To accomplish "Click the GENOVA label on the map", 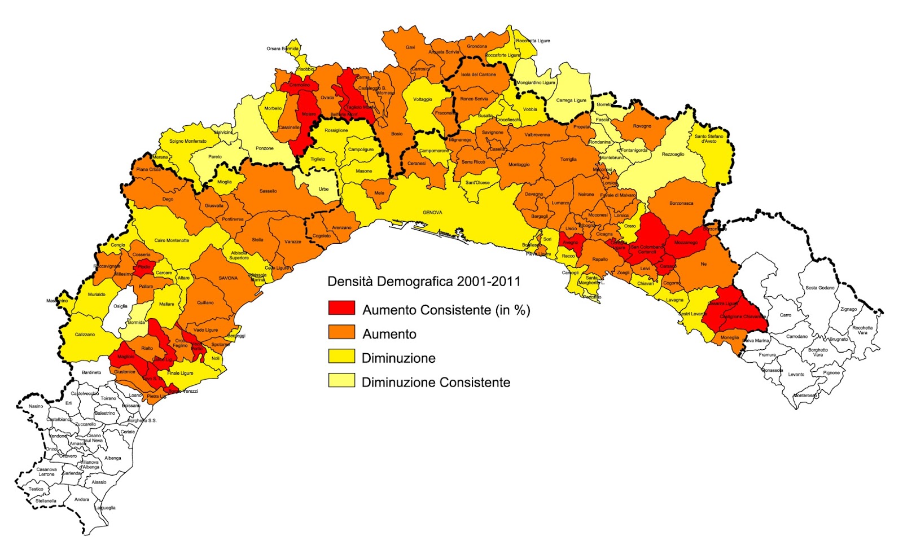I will coord(432,213).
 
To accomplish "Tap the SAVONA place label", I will coord(228,278).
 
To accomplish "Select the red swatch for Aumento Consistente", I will coord(341,308).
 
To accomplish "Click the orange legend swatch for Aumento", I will coord(341,332).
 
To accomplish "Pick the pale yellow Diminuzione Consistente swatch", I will coord(341,380).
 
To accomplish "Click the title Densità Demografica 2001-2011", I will coord(424,282).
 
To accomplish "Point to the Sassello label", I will coord(268,191).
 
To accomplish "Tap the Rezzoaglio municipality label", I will coord(673,154).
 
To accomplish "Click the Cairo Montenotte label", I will coord(172,240).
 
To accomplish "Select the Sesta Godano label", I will coord(819,288).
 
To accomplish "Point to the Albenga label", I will coord(113,458).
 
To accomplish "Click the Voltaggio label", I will coord(422,99).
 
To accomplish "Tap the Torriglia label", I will coord(568,160).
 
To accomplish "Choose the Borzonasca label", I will coord(681,203).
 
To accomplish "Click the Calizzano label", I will coord(85,335).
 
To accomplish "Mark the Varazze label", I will coord(292,242).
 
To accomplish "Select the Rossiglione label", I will coord(336,130).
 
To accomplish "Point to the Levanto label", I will coord(796,375).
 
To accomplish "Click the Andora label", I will coord(82,499).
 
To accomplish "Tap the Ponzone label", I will coord(264,148).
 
